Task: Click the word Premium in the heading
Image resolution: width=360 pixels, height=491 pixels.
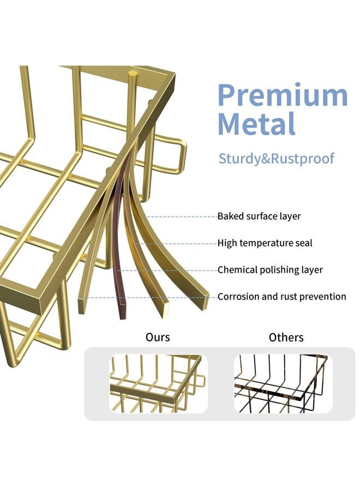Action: click(x=283, y=95)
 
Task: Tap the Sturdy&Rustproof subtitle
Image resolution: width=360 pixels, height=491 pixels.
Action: click(x=276, y=158)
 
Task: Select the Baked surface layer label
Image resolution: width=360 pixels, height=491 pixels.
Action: click(x=259, y=217)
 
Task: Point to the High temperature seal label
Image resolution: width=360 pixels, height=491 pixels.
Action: click(x=265, y=243)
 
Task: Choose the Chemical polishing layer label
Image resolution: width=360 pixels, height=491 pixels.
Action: click(x=270, y=270)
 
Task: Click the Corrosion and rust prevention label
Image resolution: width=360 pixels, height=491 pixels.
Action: click(x=282, y=297)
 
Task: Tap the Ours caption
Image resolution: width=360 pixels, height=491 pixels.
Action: click(x=158, y=337)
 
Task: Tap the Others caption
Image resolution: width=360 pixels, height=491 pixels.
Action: click(x=286, y=337)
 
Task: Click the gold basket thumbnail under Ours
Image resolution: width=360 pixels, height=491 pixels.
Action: click(x=158, y=384)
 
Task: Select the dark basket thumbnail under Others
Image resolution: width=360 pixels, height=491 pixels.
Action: click(x=283, y=384)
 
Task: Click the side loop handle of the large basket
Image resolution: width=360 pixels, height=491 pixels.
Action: click(x=179, y=155)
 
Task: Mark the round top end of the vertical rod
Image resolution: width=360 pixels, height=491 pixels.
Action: click(x=133, y=74)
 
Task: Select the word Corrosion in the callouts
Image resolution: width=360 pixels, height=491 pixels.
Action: click(x=238, y=297)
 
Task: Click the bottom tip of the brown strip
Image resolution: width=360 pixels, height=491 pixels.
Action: click(x=123, y=319)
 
